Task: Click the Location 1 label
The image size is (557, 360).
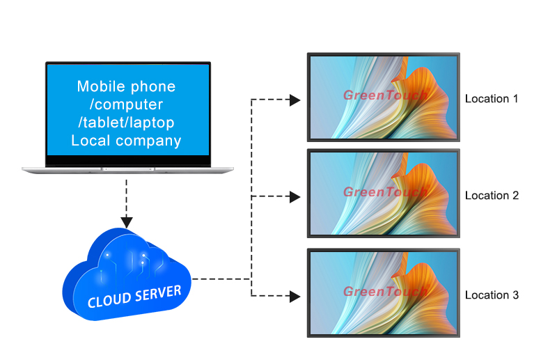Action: pos(492,99)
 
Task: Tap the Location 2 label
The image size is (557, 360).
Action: pos(492,196)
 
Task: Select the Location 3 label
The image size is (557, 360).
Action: pos(492,295)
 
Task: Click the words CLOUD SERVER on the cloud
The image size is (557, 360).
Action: pos(134,296)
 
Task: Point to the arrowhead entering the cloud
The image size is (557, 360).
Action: pos(127,222)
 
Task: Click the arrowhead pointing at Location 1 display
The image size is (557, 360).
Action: pos(295,100)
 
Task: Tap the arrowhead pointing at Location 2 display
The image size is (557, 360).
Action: pos(295,197)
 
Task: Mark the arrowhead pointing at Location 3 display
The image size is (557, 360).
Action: pos(295,297)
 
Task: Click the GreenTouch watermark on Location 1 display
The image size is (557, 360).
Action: pos(384,95)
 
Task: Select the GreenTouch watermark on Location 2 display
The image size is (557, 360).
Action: pos(384,192)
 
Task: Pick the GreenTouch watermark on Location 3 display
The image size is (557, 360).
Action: pos(384,292)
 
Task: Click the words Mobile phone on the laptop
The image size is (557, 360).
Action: pos(126,87)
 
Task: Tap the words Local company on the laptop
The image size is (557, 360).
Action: pos(126,141)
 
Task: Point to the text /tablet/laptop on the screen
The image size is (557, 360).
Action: pos(126,123)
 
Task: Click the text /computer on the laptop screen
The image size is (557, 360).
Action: pos(126,104)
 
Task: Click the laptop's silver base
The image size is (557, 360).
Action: pos(127,169)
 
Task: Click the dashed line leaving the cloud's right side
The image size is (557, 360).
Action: pos(219,279)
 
